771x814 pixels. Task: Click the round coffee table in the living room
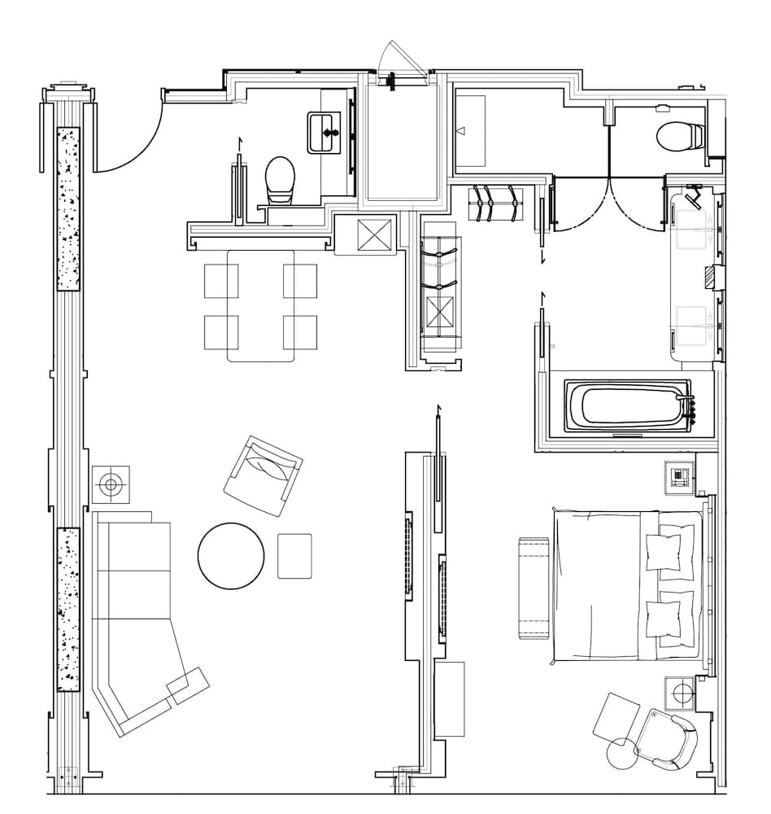pos(231,556)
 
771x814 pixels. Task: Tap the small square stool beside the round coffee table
pos(294,556)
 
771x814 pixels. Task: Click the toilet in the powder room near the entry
pos(279,180)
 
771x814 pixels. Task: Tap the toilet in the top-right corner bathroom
pos(679,136)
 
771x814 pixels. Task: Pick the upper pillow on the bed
pos(669,552)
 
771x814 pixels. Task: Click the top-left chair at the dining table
pos(220,281)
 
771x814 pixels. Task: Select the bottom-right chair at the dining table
pos(300,331)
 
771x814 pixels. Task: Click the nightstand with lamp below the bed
pos(682,694)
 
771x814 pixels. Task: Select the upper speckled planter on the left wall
pos(68,209)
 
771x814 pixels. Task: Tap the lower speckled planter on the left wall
pos(68,609)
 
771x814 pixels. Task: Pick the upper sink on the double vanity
pos(693,230)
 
